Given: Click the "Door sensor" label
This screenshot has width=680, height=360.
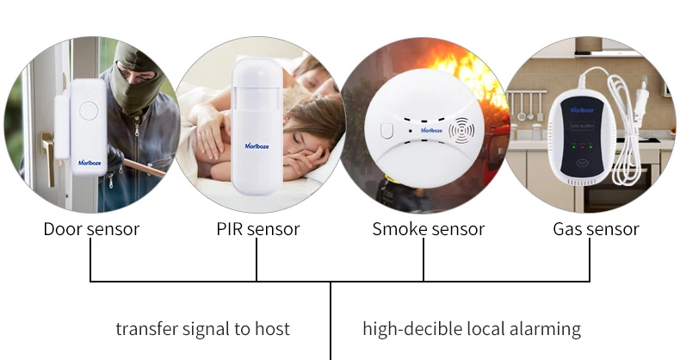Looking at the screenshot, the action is click(x=91, y=229).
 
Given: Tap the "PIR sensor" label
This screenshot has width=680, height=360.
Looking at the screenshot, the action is click(x=257, y=229).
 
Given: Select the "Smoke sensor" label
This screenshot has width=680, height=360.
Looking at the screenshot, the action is click(x=428, y=229).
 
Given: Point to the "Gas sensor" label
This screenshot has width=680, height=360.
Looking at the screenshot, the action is click(x=596, y=229).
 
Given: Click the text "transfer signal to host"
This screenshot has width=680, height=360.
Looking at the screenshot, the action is click(x=202, y=329).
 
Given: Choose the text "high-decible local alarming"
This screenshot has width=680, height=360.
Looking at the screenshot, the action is click(x=471, y=329).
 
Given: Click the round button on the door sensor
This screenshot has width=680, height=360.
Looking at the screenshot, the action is click(x=88, y=110).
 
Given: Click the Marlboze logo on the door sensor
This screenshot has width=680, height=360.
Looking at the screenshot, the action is click(x=90, y=160).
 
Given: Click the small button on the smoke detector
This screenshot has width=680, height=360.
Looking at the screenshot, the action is click(x=386, y=132).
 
